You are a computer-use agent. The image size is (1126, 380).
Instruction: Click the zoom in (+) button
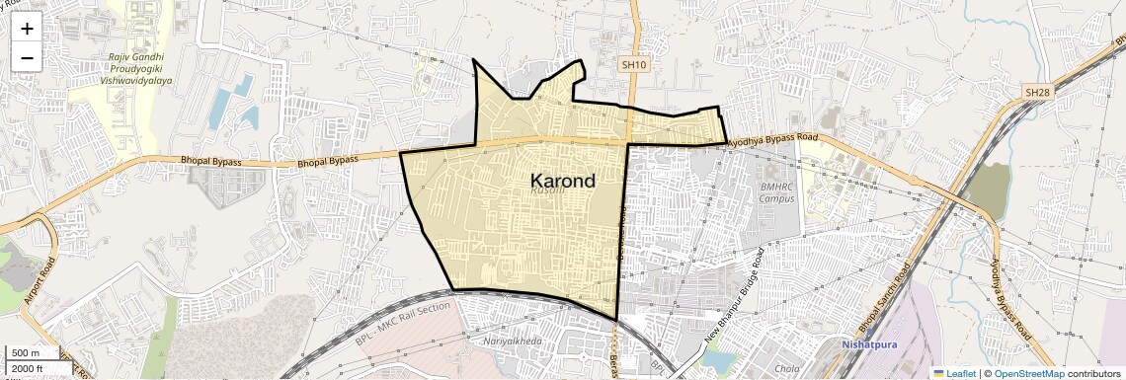[27, 29]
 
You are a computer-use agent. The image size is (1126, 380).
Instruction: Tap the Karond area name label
[563, 181]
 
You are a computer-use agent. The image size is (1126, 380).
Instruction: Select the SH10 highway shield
[633, 64]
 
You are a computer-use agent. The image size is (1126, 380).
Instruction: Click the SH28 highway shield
[1036, 92]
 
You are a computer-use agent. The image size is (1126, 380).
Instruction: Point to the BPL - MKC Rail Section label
[399, 322]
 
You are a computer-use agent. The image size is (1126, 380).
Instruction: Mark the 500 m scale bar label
[26, 353]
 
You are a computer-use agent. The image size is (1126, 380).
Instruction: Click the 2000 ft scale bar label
[28, 369]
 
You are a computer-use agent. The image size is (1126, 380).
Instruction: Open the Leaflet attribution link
[954, 373]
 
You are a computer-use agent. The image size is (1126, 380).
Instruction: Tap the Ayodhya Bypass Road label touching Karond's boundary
[774, 141]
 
